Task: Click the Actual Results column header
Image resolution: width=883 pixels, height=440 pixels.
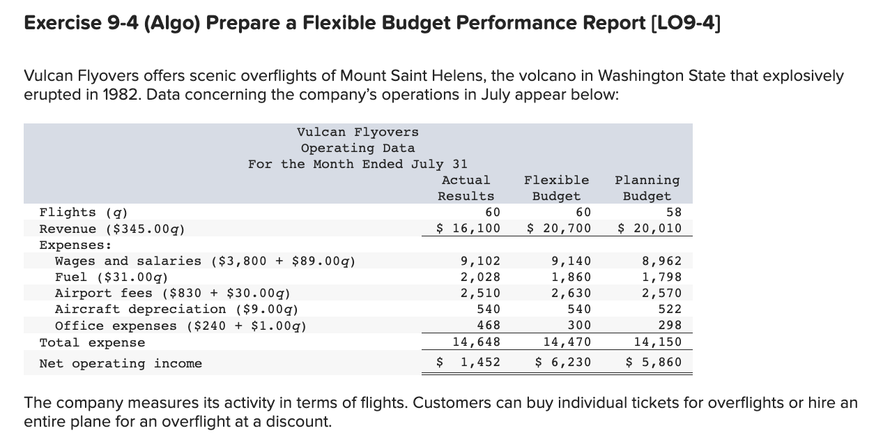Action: (x=466, y=188)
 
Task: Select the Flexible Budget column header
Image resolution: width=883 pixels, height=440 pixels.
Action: (x=556, y=188)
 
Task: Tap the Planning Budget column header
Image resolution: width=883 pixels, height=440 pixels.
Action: (x=647, y=188)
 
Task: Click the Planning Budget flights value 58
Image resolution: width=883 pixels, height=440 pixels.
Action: (x=674, y=212)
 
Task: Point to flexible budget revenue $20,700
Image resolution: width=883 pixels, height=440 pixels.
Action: (x=558, y=229)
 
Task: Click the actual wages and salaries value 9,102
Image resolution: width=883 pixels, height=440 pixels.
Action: (x=480, y=261)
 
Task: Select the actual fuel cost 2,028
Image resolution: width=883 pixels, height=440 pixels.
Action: (x=480, y=278)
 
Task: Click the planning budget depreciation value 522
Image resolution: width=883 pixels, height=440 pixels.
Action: (x=670, y=309)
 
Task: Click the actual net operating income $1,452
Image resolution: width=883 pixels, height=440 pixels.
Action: (x=468, y=363)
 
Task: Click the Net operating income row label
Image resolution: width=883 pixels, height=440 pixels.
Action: (x=121, y=363)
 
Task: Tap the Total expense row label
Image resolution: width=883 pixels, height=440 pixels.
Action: (x=92, y=342)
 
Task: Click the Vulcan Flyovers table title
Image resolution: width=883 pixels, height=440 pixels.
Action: (x=358, y=132)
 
